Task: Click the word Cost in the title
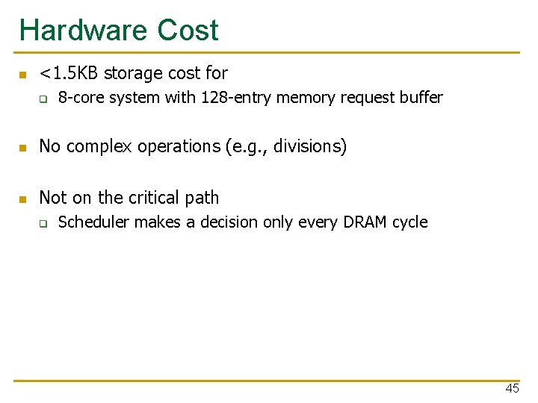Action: click(188, 31)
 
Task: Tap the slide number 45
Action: click(512, 388)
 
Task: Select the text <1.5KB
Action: click(69, 73)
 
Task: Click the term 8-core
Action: click(81, 98)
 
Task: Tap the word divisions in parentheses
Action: click(307, 147)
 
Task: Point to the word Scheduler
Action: click(93, 222)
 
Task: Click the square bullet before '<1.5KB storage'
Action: click(23, 75)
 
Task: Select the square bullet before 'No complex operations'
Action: click(23, 148)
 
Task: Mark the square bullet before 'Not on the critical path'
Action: click(23, 199)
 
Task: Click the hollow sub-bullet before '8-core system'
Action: click(43, 99)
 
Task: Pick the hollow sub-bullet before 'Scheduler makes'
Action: click(43, 223)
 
